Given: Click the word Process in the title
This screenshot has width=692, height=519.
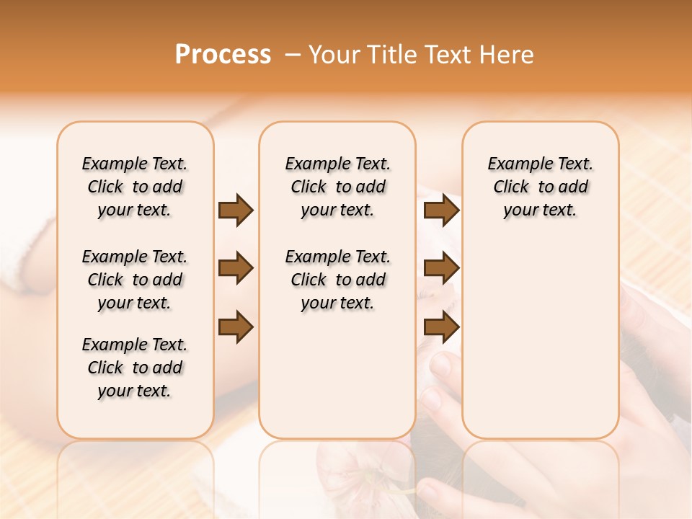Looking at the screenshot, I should (223, 55).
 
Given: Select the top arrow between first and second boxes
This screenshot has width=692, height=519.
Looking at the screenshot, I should (236, 210).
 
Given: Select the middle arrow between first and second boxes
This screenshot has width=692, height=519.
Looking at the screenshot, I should (236, 269).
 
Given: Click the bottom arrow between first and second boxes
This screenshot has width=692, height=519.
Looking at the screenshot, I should (236, 327).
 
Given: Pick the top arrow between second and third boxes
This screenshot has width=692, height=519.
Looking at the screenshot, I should (441, 210).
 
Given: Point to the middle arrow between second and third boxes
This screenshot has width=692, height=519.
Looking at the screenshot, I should (441, 269).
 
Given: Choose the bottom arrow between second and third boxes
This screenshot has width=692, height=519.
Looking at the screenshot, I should (441, 327).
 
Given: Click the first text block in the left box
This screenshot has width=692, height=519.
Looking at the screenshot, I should (135, 187).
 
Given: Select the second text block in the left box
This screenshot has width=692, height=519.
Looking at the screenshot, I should (135, 280).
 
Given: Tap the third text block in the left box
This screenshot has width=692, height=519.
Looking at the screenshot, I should (135, 368).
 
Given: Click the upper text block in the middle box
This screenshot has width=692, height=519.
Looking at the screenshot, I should (337, 187).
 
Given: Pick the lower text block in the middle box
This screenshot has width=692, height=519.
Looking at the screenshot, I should (337, 280).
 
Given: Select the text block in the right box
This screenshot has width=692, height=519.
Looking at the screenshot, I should (540, 187).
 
